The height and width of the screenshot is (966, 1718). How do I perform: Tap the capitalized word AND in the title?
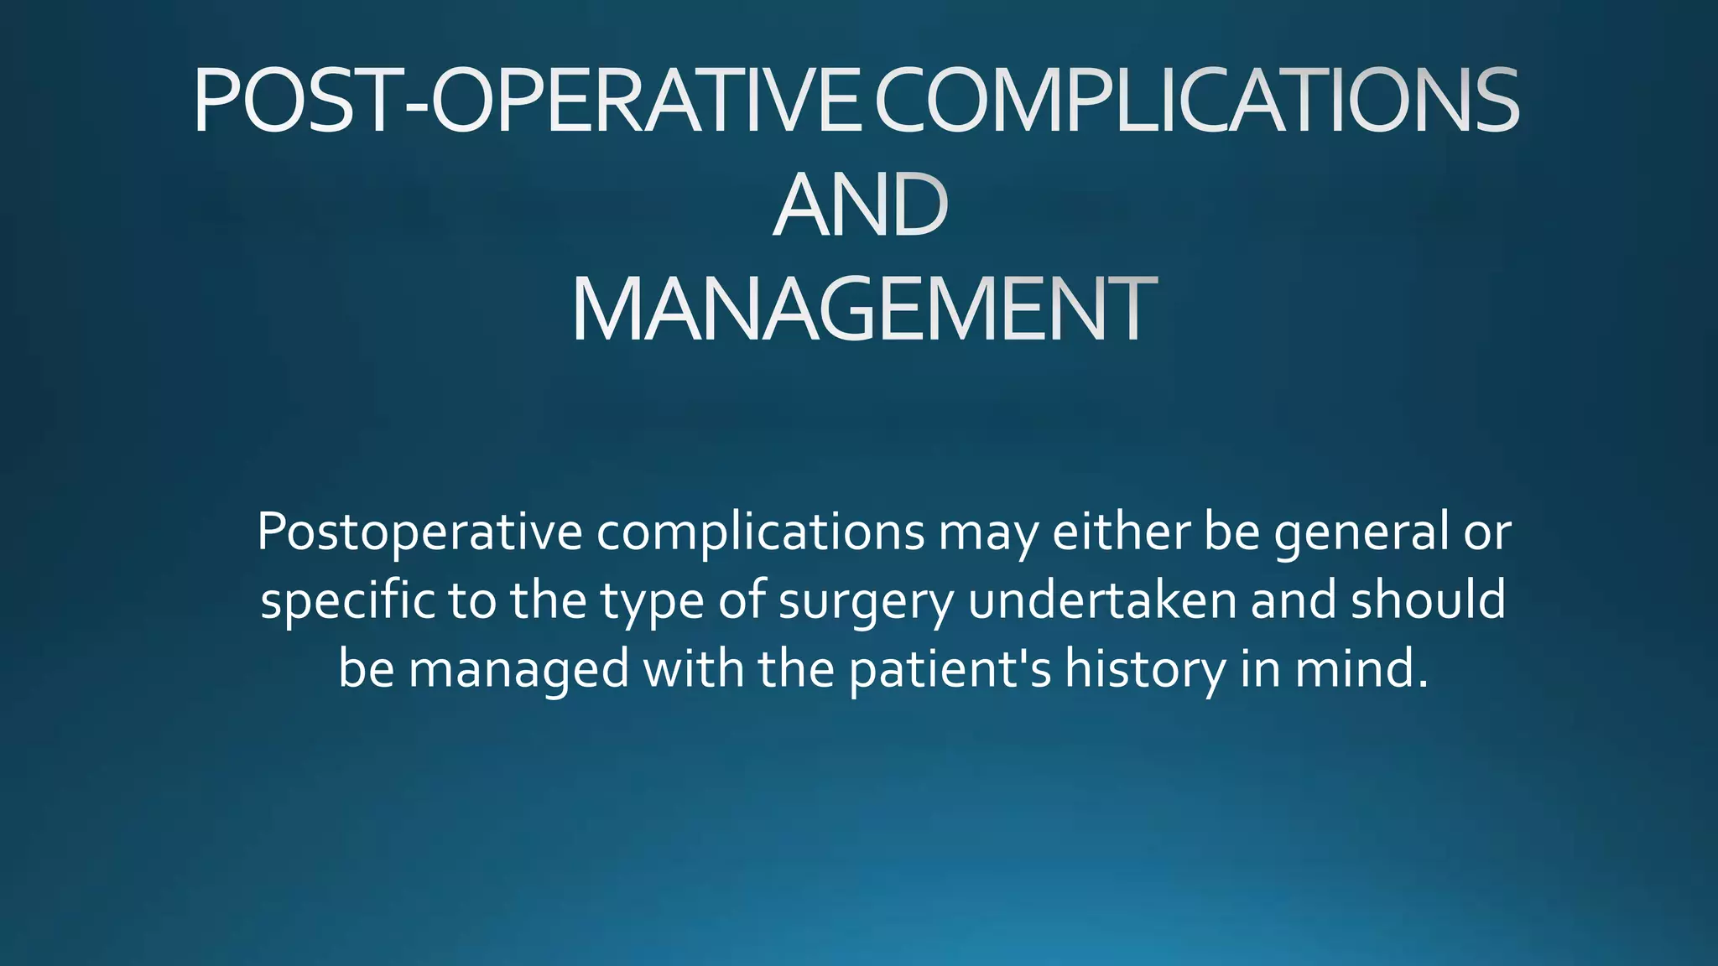click(860, 205)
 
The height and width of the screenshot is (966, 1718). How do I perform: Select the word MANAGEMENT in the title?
click(864, 310)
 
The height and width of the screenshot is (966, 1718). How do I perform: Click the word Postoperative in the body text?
click(419, 532)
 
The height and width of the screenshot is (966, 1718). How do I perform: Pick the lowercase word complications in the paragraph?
click(760, 532)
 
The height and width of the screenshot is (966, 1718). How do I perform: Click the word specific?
click(347, 601)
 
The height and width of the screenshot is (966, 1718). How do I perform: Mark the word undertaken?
click(1102, 600)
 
